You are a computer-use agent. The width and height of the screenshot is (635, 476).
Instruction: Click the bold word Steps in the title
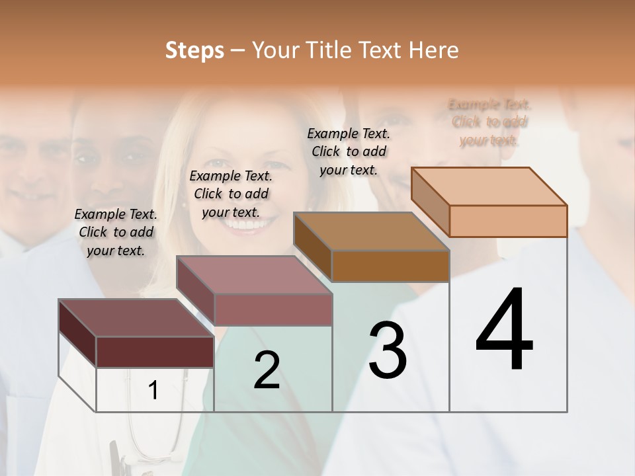click(194, 50)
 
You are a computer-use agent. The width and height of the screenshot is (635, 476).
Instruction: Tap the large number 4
click(504, 331)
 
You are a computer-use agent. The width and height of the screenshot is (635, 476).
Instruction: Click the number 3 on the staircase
click(388, 350)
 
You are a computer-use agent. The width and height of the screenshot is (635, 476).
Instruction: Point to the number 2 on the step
click(267, 370)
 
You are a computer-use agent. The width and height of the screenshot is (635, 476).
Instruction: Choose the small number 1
click(153, 391)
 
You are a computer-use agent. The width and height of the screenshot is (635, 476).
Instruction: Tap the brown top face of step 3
click(371, 231)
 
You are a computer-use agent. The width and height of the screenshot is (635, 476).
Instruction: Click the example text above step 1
click(116, 232)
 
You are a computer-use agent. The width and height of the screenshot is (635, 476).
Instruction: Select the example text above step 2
click(231, 194)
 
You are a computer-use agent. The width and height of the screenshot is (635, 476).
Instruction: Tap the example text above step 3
click(349, 151)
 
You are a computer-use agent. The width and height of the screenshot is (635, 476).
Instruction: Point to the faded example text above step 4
click(489, 122)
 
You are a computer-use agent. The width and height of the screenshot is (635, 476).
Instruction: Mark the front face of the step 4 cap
click(508, 221)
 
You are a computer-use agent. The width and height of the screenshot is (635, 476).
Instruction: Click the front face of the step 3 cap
click(390, 266)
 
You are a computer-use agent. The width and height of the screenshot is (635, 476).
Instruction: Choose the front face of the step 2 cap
click(273, 309)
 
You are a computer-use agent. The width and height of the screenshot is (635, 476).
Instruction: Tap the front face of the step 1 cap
click(155, 352)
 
